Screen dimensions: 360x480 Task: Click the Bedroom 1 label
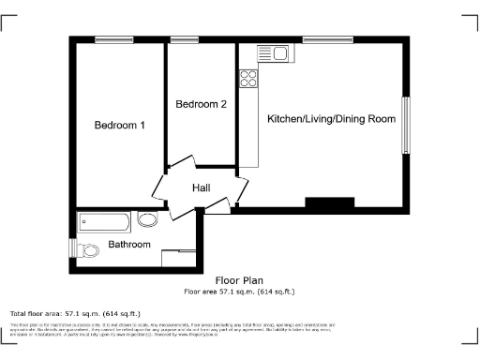(x=119, y=126)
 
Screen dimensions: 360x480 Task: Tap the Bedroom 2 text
(x=201, y=104)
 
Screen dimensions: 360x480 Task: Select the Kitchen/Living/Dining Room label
(x=331, y=119)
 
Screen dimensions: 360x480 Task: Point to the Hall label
(x=201, y=188)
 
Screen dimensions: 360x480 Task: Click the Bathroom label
(x=128, y=245)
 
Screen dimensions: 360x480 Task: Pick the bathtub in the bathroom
(x=104, y=222)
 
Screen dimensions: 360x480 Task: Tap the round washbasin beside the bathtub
(x=148, y=221)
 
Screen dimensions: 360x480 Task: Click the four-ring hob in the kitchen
(x=248, y=79)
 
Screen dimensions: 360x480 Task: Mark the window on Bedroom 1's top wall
(x=113, y=39)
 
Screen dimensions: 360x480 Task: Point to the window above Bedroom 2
(x=178, y=39)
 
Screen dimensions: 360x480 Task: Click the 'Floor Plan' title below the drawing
(x=239, y=280)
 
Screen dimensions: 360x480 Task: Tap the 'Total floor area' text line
(x=75, y=313)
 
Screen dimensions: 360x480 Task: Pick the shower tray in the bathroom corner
(x=178, y=258)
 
